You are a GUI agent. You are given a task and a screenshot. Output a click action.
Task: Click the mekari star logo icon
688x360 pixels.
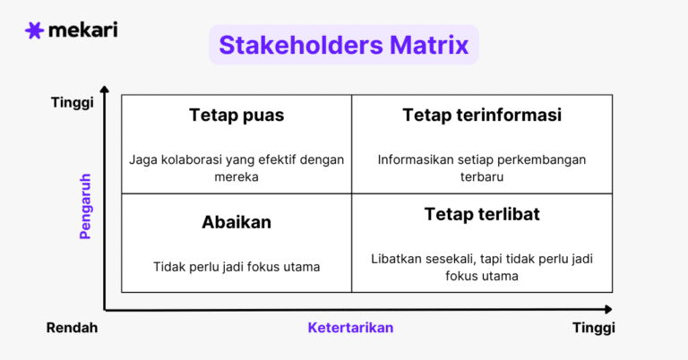pos(34,30)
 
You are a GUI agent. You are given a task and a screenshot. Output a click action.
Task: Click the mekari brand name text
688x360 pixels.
pos(82,30)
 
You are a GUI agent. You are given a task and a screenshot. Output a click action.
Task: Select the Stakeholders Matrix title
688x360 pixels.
pos(344,45)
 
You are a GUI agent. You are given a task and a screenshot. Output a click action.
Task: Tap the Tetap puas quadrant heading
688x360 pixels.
pos(236,116)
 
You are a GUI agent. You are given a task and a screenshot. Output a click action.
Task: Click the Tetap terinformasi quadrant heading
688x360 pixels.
pos(482,116)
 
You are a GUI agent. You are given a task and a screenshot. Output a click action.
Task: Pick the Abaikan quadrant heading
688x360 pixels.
pos(236,222)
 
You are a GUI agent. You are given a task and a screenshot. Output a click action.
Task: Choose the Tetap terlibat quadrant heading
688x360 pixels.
pos(482,215)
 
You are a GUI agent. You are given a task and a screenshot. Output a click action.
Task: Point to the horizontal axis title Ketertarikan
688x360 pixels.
pos(350,328)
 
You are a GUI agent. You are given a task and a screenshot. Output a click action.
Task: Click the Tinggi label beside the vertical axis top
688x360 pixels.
pos(73,103)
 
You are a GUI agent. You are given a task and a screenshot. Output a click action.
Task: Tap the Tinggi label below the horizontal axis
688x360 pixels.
pos(594,328)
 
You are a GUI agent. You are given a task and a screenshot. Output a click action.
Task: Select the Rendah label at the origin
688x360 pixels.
pos(72,328)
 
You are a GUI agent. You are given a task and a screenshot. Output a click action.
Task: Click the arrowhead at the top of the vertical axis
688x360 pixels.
pos(104,90)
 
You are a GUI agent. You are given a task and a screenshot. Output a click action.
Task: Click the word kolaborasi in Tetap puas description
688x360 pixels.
pos(193,160)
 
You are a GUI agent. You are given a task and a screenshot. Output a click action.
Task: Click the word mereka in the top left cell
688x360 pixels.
pos(236,176)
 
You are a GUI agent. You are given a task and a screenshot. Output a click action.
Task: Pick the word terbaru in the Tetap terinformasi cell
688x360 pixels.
pos(482,176)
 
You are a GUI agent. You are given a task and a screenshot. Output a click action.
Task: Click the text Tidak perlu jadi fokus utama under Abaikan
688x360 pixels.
pos(236,266)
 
